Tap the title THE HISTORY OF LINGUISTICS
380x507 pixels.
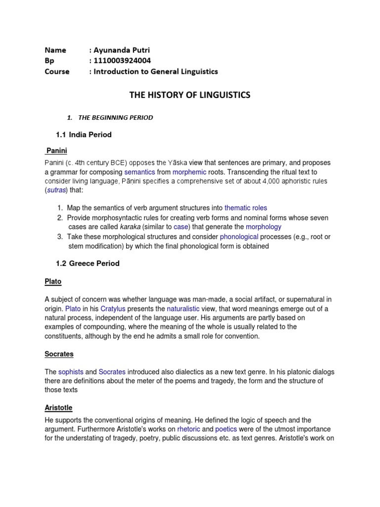point(190,95)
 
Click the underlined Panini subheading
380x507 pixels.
point(56,150)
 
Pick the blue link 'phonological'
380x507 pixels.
point(239,237)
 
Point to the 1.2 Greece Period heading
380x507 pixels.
point(88,263)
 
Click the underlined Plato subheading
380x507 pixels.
point(53,281)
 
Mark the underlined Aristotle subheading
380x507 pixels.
point(58,407)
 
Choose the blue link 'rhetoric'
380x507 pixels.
point(188,429)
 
